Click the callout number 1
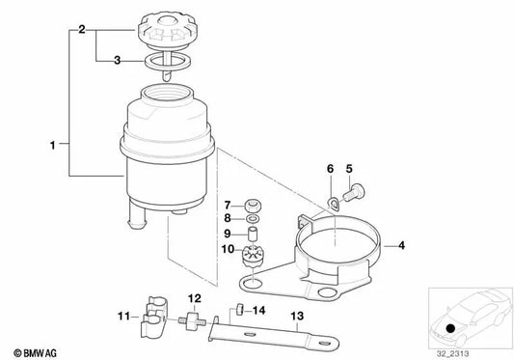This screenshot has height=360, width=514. coord(52,146)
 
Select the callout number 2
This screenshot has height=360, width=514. coord(83,30)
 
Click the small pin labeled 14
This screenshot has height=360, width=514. coord(233,310)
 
